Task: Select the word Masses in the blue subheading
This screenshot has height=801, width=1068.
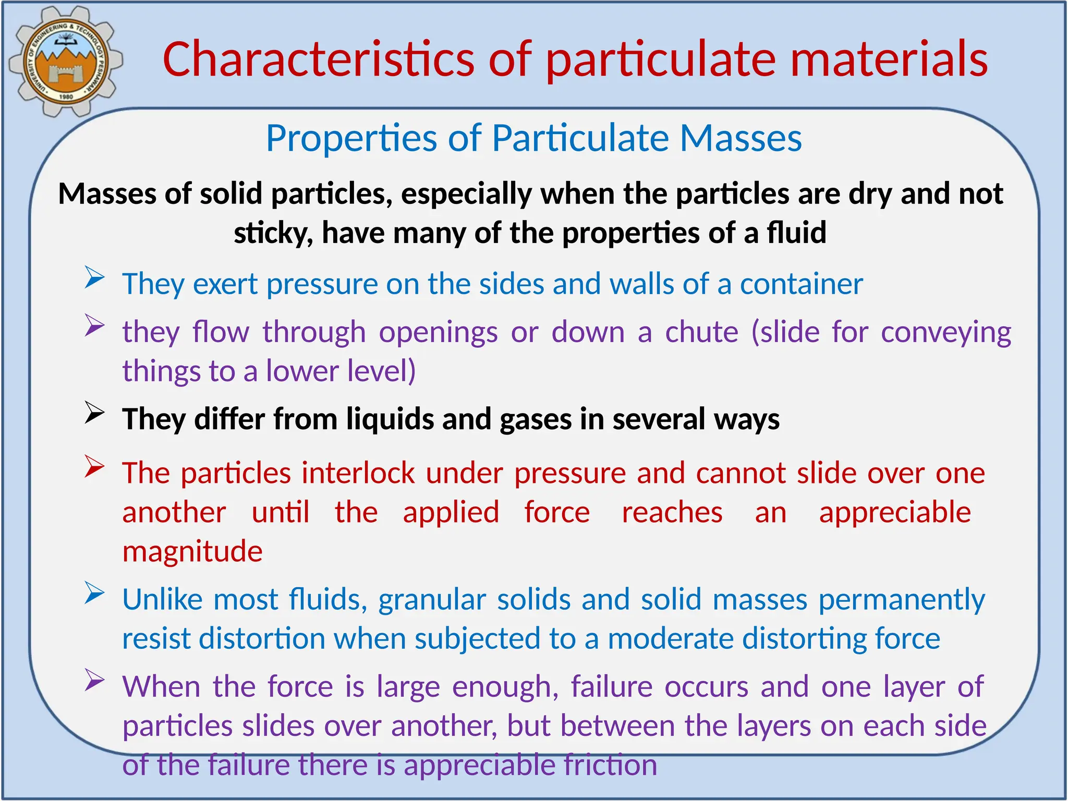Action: point(741,138)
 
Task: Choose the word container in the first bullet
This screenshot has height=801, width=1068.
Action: point(801,284)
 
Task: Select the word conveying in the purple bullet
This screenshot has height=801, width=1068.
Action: point(945,333)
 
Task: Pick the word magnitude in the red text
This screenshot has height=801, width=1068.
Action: point(192,552)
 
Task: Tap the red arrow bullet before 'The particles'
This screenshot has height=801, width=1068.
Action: point(95,466)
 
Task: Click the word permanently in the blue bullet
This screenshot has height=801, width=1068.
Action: point(902,600)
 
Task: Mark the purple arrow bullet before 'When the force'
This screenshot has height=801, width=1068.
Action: point(95,680)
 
